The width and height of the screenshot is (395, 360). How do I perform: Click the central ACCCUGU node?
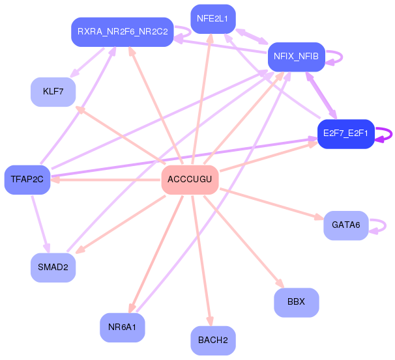tap(190, 180)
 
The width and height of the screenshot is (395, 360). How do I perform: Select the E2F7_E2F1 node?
tap(345, 134)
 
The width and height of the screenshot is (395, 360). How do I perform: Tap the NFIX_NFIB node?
tap(296, 57)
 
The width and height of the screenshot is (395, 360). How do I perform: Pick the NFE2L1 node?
tap(213, 19)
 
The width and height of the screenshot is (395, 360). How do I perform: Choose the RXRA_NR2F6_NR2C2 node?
tap(123, 32)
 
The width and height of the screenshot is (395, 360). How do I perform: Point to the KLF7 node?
tap(53, 92)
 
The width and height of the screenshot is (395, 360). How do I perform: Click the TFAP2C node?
tap(27, 180)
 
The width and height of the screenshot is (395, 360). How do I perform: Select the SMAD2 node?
tap(53, 268)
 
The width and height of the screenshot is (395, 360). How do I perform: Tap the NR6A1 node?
tap(123, 327)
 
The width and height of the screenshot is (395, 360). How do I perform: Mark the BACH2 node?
tap(213, 340)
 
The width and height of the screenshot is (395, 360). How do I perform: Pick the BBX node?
tap(297, 303)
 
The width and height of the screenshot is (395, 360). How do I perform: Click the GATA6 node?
tap(346, 225)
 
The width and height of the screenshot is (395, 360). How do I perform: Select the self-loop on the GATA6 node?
tap(385, 226)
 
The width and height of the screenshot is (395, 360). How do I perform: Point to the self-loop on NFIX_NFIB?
tap(342, 57)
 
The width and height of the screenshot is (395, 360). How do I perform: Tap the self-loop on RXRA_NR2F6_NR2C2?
tap(191, 32)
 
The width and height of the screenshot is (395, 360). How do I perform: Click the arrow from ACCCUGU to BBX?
tap(244, 242)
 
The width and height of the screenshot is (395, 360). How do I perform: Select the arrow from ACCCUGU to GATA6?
tap(272, 204)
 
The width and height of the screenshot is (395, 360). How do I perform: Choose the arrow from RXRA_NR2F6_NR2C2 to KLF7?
tap(87, 62)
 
